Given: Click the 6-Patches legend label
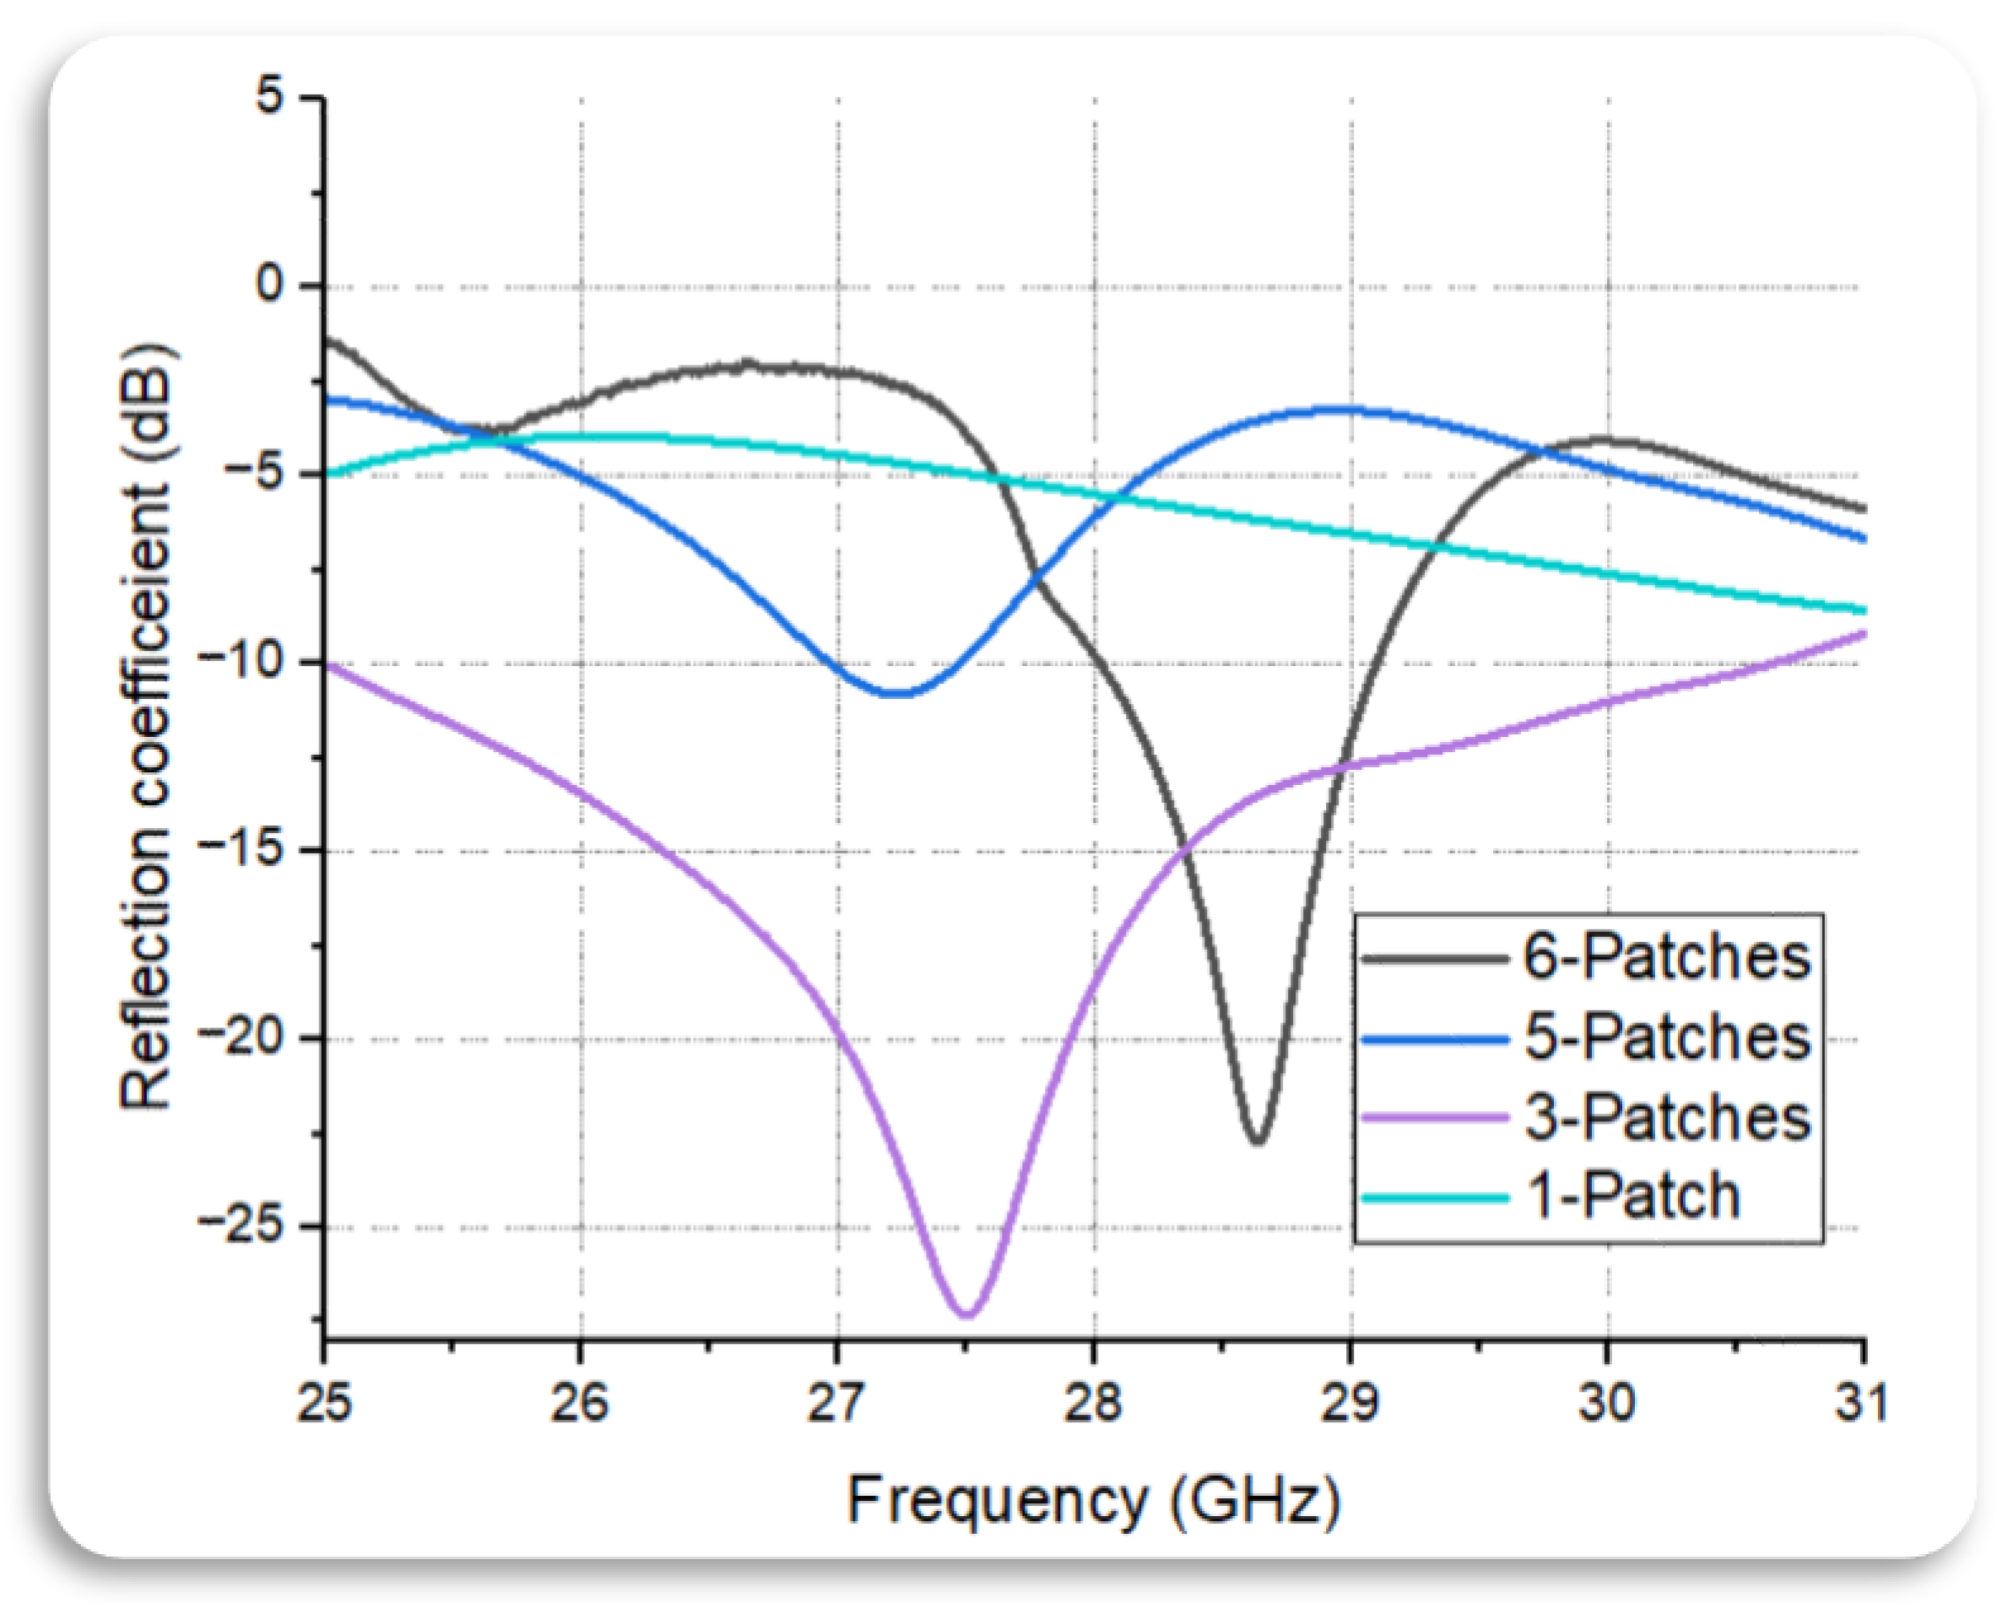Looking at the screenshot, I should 1667,957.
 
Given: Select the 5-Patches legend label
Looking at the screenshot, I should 1667,1037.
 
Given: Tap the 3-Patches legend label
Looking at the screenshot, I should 1667,1118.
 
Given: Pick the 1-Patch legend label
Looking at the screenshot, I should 1632,1196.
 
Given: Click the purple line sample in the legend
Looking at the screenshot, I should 1435,1118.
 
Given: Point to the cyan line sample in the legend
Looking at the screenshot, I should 1435,1197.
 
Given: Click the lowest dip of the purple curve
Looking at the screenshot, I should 967,1313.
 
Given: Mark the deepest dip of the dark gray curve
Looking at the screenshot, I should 1258,1140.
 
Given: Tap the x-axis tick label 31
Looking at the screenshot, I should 1862,1401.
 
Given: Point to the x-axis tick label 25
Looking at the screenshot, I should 325,1401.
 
